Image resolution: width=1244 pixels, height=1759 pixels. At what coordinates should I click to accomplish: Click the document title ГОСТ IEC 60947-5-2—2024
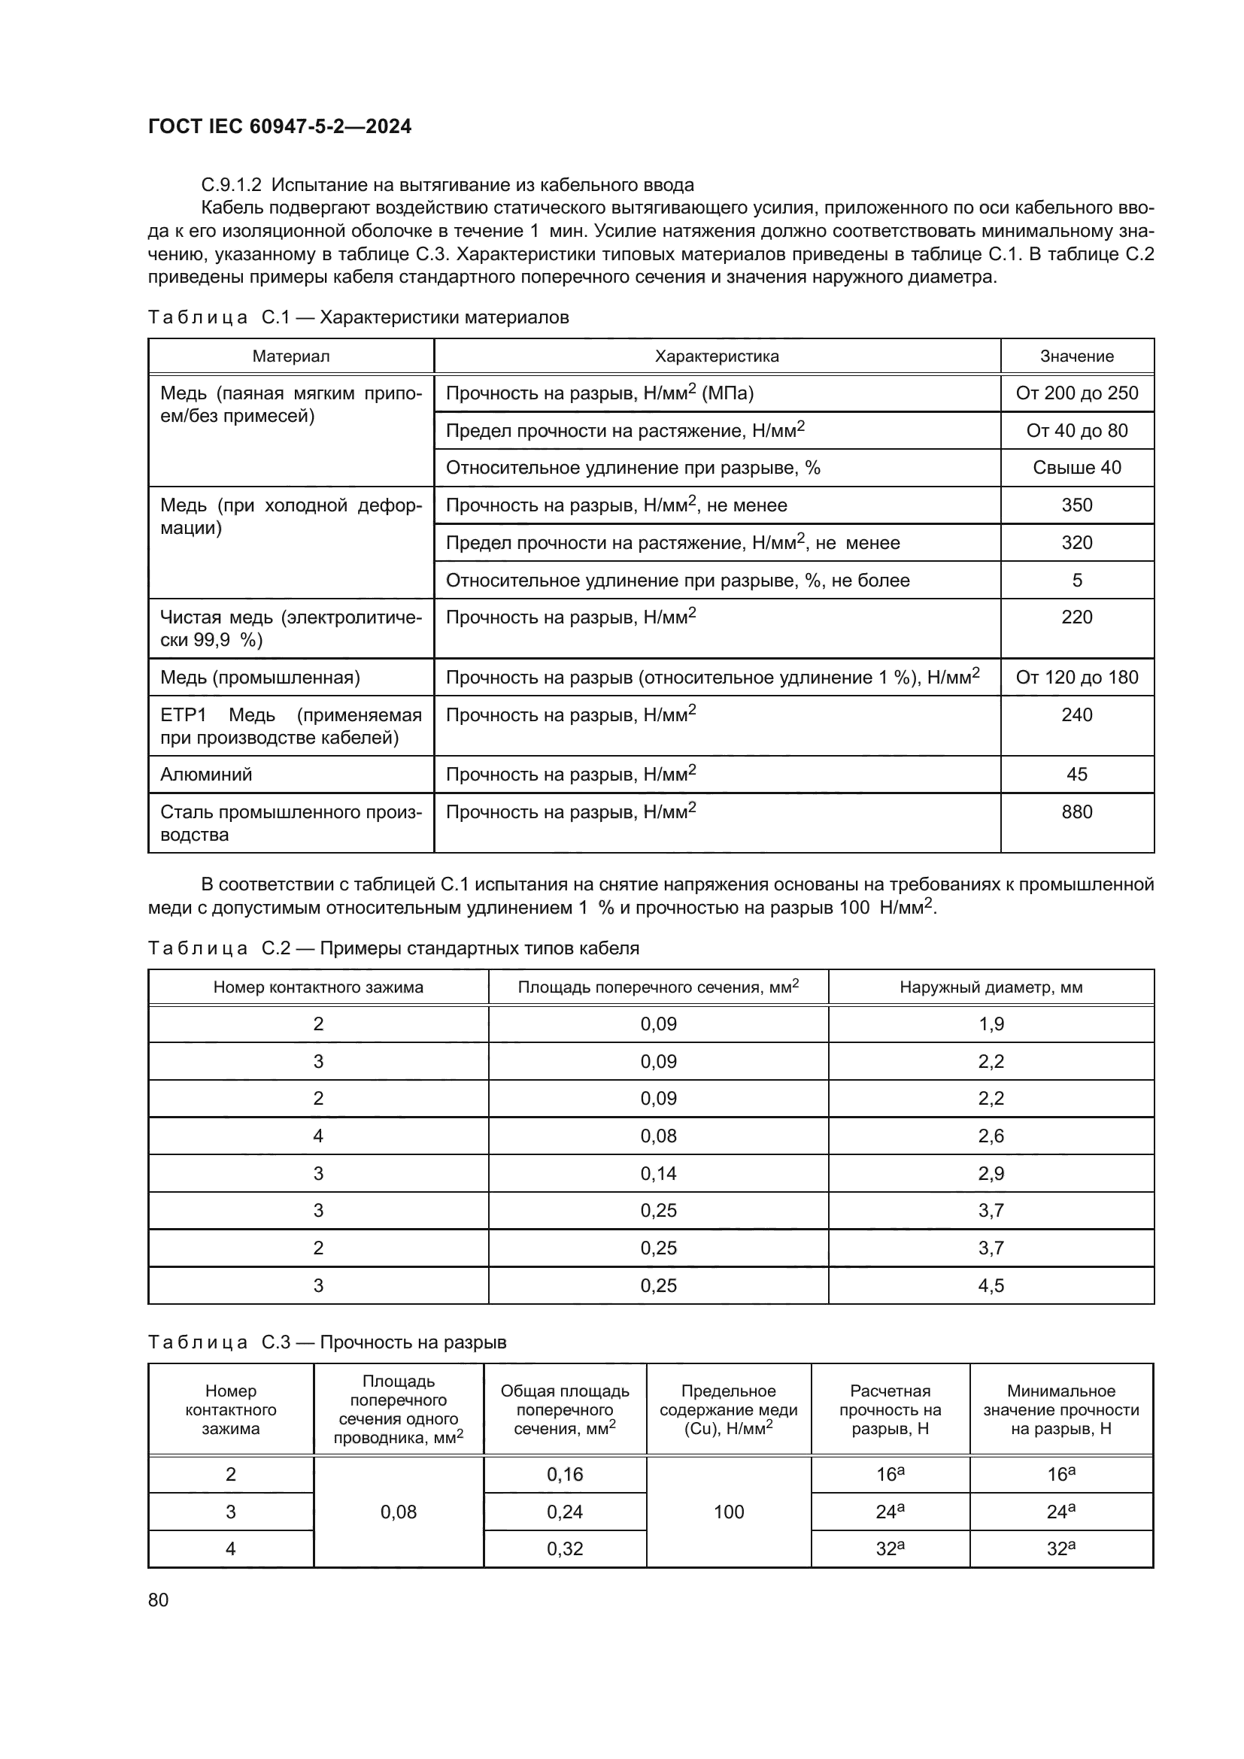(280, 126)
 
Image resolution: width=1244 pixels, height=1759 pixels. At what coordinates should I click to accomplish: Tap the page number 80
(159, 1600)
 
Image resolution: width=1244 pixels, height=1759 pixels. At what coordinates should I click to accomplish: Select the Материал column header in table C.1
(291, 356)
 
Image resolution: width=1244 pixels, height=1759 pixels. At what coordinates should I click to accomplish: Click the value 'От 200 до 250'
(1077, 393)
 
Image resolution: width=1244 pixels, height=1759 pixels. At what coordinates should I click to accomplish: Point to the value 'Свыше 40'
(1077, 467)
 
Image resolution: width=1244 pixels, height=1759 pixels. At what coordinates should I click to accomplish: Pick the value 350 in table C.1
(1077, 505)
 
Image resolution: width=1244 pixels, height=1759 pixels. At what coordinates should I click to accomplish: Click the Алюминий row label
(206, 775)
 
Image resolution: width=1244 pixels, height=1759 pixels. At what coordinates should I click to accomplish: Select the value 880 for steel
(1077, 811)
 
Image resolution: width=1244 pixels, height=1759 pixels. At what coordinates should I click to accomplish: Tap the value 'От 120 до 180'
(1077, 678)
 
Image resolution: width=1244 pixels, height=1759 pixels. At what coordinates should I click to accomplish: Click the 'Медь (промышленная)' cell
(259, 678)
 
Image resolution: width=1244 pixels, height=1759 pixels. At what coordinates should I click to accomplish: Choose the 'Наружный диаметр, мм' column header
(991, 987)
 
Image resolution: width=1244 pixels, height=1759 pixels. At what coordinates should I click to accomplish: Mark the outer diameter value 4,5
(991, 1285)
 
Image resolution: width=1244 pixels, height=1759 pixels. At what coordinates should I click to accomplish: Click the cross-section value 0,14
(659, 1174)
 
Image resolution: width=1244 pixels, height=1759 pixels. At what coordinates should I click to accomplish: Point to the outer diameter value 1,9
(991, 1024)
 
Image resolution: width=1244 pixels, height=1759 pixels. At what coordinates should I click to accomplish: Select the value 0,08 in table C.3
(399, 1512)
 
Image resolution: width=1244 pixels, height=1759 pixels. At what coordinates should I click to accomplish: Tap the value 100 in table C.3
(729, 1512)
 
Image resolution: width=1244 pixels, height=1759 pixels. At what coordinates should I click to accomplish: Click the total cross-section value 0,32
(565, 1549)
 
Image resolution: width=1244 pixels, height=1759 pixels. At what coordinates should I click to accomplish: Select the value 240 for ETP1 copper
(1077, 714)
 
